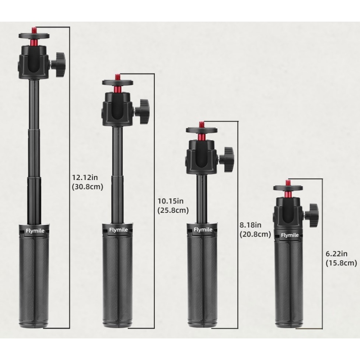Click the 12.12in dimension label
pos(85,177)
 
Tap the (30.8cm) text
pos(87,187)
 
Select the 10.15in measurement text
pos(171,201)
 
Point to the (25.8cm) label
pos(173,211)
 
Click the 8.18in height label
pos(251,225)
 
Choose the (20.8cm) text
pos(255,234)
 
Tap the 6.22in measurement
pos(337,254)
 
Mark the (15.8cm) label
pos(341,263)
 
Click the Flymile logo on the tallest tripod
pos(35,231)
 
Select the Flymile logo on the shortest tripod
pos(290,235)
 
